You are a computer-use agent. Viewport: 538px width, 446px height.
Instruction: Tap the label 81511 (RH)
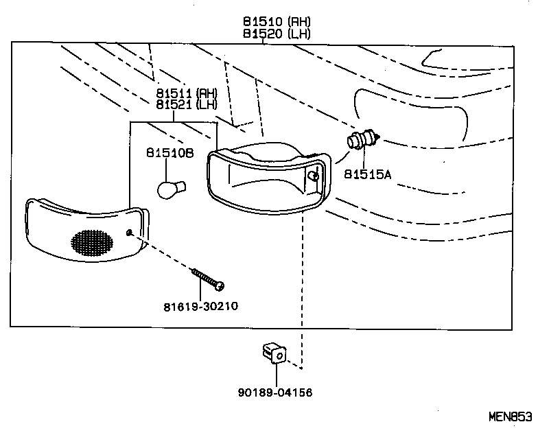coord(185,93)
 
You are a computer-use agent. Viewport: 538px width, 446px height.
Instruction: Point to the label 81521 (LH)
coord(185,104)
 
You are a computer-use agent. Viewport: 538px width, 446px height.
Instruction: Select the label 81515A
coord(367,175)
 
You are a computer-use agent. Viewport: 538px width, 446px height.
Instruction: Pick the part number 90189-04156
coord(276,392)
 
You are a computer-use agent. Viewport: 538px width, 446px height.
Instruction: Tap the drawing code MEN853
coord(510,416)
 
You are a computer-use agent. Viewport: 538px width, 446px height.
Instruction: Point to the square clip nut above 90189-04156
coord(274,354)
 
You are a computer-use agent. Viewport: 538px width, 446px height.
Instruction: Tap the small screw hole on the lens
coord(130,233)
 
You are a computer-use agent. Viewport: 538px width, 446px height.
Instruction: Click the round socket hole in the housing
coord(313,176)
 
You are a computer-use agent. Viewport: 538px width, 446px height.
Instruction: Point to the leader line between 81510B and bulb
coord(169,169)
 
